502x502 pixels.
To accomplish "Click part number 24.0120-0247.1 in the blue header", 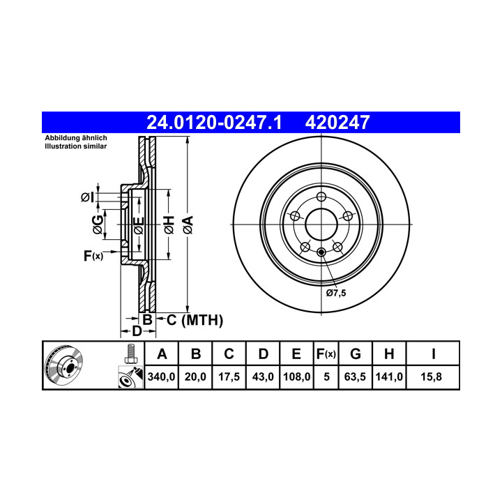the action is pyautogui.click(x=214, y=123).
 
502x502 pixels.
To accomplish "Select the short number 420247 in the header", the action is pyautogui.click(x=337, y=123).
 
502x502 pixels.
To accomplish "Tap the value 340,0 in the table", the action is pyautogui.click(x=161, y=376).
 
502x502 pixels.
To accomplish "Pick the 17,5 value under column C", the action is pyautogui.click(x=229, y=376).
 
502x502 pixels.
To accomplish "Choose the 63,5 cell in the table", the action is pyautogui.click(x=355, y=376).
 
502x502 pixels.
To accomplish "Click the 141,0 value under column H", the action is pyautogui.click(x=389, y=376).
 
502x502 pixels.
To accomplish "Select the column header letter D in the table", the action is pyautogui.click(x=263, y=354).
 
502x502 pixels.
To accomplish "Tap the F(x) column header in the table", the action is pyautogui.click(x=326, y=354).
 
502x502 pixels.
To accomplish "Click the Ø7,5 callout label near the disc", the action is pyautogui.click(x=336, y=293).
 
